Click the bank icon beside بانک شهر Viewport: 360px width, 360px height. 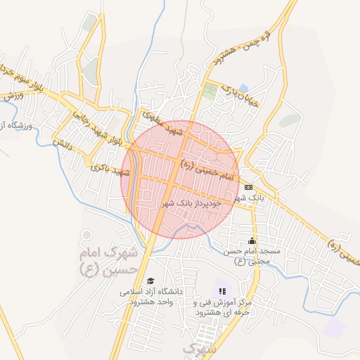click(248, 187)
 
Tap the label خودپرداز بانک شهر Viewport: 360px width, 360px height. click(192, 202)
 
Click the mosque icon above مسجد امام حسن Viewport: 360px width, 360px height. click(252, 241)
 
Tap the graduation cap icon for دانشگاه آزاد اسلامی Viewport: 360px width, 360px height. click(150, 281)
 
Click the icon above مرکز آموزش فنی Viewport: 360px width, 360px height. click(222, 290)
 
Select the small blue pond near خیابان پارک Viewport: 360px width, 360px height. click(243, 88)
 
